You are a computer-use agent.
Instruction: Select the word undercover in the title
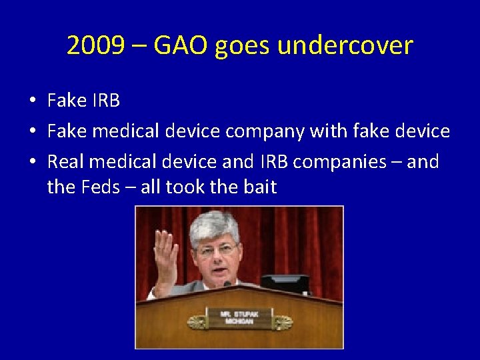pyautogui.click(x=345, y=46)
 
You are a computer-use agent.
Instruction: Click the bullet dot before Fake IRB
pyautogui.click(x=32, y=101)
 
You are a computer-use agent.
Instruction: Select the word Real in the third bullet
pyautogui.click(x=66, y=161)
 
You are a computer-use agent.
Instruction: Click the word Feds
pyautogui.click(x=100, y=187)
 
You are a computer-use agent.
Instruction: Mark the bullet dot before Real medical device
pyautogui.click(x=32, y=162)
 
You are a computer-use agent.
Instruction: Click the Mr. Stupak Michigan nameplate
pyautogui.click(x=239, y=317)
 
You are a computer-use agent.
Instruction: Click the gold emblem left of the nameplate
pyautogui.click(x=197, y=323)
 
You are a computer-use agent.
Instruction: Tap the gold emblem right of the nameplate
pyautogui.click(x=281, y=323)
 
